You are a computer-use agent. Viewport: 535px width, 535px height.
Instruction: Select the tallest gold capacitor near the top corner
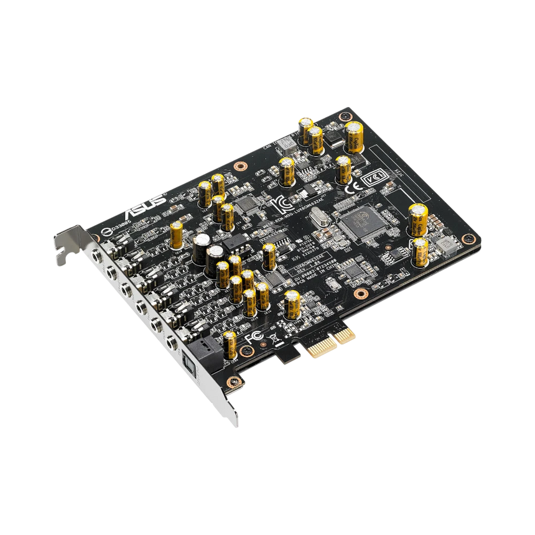355,136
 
